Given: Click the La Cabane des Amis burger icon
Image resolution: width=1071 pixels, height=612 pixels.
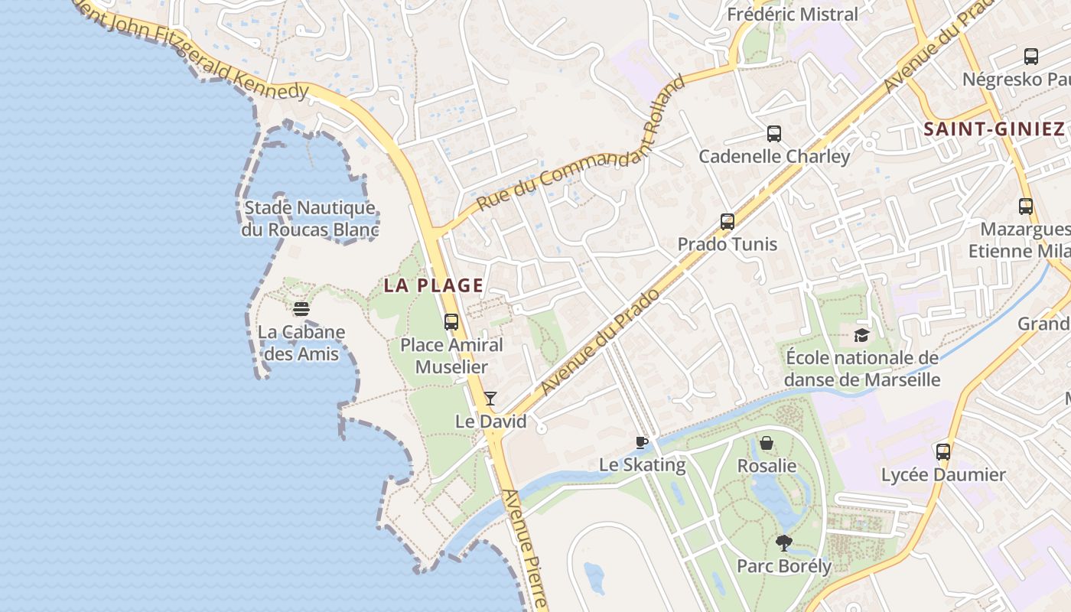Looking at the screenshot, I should [301, 309].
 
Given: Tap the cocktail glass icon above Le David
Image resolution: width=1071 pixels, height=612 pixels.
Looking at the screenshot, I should [490, 399].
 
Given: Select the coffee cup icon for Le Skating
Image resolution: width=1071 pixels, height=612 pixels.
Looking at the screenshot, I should [642, 442].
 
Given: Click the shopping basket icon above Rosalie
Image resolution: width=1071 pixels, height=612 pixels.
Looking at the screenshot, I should [767, 443].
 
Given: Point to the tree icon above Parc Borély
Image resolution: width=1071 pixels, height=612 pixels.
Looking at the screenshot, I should [783, 543].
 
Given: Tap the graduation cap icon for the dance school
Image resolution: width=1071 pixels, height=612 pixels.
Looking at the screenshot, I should [862, 335].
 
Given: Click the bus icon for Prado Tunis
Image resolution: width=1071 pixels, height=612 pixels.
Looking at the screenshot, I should [728, 222].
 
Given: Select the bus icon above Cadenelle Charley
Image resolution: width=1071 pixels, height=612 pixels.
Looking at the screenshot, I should [774, 134].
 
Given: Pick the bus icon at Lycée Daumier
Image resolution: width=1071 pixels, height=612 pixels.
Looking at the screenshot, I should [943, 451].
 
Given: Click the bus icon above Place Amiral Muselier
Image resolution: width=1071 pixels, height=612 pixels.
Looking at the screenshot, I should [451, 322].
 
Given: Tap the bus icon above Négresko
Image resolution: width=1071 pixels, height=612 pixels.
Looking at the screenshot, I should [1031, 56].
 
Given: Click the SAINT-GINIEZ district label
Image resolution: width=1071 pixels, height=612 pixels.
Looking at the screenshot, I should [994, 129].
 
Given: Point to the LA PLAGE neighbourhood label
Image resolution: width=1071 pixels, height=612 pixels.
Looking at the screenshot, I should [434, 286].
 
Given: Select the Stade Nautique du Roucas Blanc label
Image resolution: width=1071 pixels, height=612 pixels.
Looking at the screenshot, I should [310, 219].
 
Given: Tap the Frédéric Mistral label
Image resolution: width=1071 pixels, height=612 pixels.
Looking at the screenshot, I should [793, 15].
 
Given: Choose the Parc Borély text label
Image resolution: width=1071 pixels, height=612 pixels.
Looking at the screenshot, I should [784, 566].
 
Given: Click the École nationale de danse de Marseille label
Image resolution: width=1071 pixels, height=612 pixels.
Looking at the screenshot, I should [862, 369].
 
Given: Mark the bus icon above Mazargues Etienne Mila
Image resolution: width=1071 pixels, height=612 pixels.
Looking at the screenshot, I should [1026, 207].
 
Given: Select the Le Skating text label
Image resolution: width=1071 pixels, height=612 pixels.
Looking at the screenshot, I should [642, 464].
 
